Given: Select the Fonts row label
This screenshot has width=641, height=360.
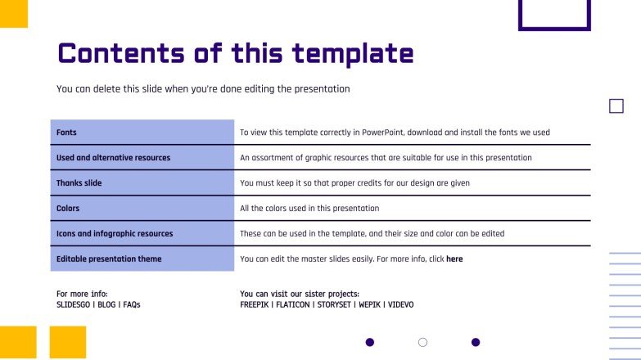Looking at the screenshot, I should click(66, 133).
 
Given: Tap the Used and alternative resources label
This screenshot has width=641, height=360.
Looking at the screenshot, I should click(113, 158).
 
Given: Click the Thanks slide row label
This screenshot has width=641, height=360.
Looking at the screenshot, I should click(79, 183).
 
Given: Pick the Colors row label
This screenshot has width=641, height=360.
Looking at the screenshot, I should click(68, 209).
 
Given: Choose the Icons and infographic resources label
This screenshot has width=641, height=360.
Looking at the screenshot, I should click(115, 234).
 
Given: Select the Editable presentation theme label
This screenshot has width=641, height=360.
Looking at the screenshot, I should click(109, 259).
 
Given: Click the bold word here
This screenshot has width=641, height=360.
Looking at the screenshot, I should click(454, 259).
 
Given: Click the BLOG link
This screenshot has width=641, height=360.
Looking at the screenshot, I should click(106, 305).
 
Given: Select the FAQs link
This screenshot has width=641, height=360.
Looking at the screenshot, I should click(132, 305).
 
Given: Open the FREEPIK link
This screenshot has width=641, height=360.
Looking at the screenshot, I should click(256, 305).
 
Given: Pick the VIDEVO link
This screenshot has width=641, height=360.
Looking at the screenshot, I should click(401, 305).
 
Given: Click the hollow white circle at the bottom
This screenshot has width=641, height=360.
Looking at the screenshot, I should click(422, 342).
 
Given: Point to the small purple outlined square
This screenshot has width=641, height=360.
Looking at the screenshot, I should click(616, 106).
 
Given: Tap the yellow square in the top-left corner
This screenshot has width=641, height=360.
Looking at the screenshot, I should click(13, 13).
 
